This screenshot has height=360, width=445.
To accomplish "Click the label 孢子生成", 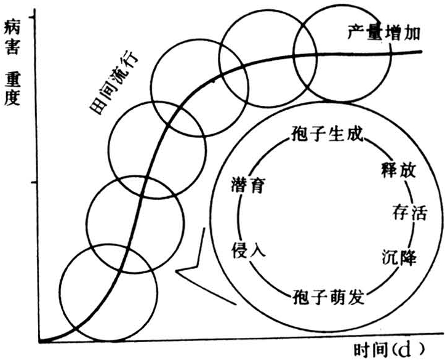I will tap(328, 134).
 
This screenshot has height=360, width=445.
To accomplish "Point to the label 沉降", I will tap(399, 258).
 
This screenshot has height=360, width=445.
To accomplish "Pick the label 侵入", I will tap(248, 250).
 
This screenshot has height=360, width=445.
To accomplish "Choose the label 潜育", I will tap(249, 185).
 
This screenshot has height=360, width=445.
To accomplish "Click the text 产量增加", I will tap(383, 32).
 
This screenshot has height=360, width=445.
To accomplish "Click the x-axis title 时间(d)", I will tap(389, 349).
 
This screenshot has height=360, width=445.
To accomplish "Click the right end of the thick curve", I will tap(421, 50).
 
